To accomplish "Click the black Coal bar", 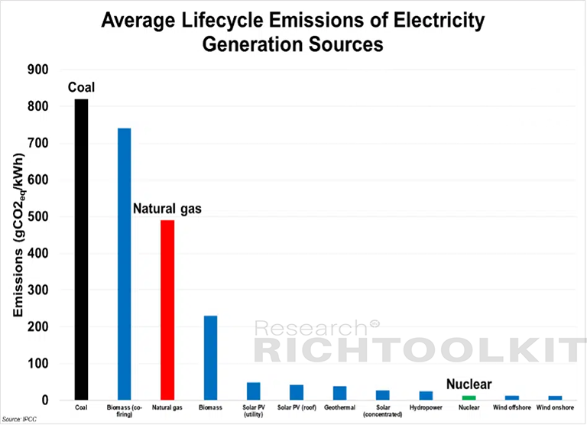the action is pyautogui.click(x=81, y=249).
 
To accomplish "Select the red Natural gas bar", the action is pyautogui.click(x=167, y=310).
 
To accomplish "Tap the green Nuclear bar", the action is pyautogui.click(x=469, y=397).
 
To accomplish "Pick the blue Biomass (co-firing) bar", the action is pyautogui.click(x=125, y=264).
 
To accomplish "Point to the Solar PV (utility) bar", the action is pyautogui.click(x=254, y=391).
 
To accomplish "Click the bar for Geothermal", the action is pyautogui.click(x=339, y=393).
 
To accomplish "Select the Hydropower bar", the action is pyautogui.click(x=426, y=396).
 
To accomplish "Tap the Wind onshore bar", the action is pyautogui.click(x=555, y=398).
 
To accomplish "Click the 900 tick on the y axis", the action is pyautogui.click(x=37, y=70).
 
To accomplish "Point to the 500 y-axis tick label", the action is pyautogui.click(x=37, y=216).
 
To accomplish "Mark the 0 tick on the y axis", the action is pyautogui.click(x=45, y=401).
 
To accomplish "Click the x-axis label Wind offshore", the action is pyautogui.click(x=512, y=407).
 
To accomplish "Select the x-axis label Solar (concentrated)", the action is pyautogui.click(x=383, y=410).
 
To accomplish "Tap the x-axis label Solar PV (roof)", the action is pyautogui.click(x=297, y=407).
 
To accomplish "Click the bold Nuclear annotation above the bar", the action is pyautogui.click(x=469, y=384).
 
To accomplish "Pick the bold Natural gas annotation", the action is pyautogui.click(x=167, y=209).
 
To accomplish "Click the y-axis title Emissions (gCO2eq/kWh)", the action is pyautogui.click(x=18, y=235).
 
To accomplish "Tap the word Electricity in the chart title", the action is pyautogui.click(x=439, y=20).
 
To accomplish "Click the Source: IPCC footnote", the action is pyautogui.click(x=19, y=420).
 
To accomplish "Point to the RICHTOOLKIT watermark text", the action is pyautogui.click(x=420, y=350).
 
